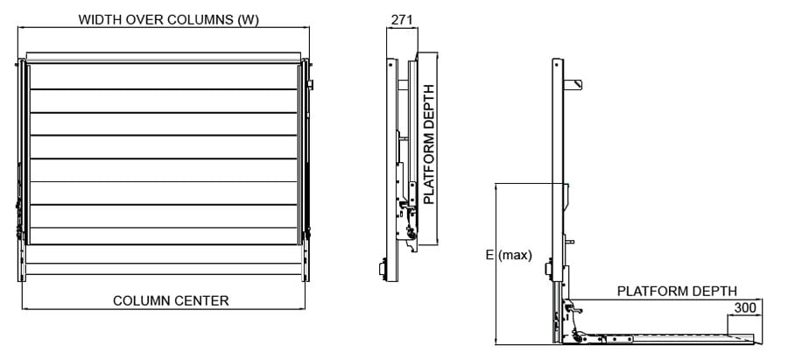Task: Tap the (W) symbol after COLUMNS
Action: click(x=248, y=18)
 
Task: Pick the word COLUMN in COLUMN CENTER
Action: click(x=142, y=300)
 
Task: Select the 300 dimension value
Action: click(x=745, y=307)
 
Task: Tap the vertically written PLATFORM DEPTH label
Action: click(x=429, y=145)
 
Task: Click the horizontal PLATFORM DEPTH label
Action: click(x=677, y=291)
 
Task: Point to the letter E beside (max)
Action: click(x=490, y=256)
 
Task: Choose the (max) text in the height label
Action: click(x=516, y=256)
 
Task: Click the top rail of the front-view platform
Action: click(x=164, y=57)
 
